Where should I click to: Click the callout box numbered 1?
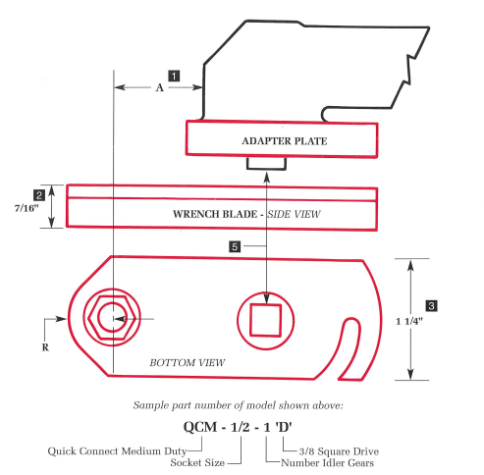[174, 75]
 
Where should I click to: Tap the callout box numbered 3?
[431, 305]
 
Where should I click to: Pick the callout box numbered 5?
[236, 247]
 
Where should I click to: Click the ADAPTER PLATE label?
[284, 141]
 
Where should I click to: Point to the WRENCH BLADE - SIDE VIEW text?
[246, 213]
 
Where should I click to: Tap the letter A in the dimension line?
[159, 87]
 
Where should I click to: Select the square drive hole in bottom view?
[267, 320]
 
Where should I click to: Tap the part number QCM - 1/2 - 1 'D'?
[242, 427]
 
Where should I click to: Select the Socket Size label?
[197, 461]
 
